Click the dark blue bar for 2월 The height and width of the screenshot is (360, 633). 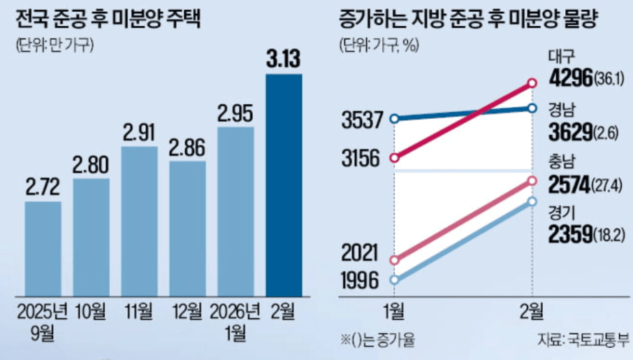point(284,185)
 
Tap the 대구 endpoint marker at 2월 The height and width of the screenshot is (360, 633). point(532,83)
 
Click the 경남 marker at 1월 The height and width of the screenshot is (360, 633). point(395,119)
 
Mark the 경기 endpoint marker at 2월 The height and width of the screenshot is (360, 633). point(532,201)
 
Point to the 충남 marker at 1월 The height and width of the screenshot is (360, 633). point(395,260)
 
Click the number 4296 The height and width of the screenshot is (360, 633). point(570,77)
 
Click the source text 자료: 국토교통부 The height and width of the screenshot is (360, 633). point(583,341)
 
